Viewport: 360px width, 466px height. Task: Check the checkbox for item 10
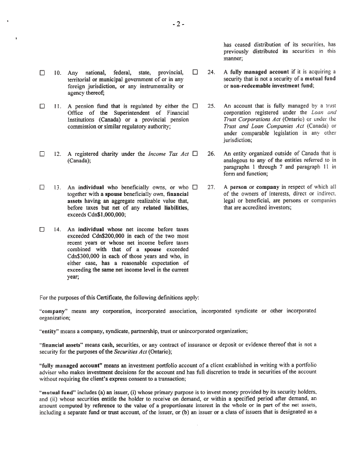pos(42,74)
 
